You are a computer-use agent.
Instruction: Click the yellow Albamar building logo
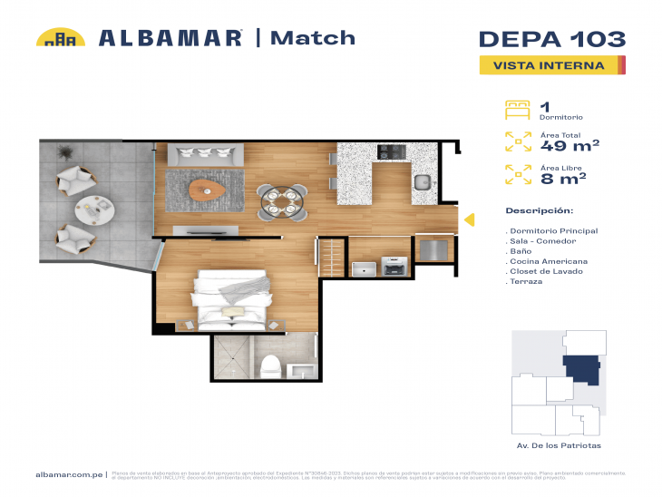[x=60, y=38]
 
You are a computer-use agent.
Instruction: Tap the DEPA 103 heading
[x=550, y=39]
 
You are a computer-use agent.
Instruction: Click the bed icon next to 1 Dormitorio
[x=516, y=110]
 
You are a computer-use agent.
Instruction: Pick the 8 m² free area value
[x=562, y=178]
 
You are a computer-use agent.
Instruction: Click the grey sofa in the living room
[x=209, y=155]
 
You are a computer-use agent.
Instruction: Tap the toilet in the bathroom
[x=269, y=365]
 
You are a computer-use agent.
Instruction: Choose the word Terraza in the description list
[x=526, y=282]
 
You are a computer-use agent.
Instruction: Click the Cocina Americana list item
[x=541, y=261]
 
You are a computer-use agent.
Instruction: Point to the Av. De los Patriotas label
[x=552, y=445]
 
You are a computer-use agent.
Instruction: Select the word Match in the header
[x=314, y=38]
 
